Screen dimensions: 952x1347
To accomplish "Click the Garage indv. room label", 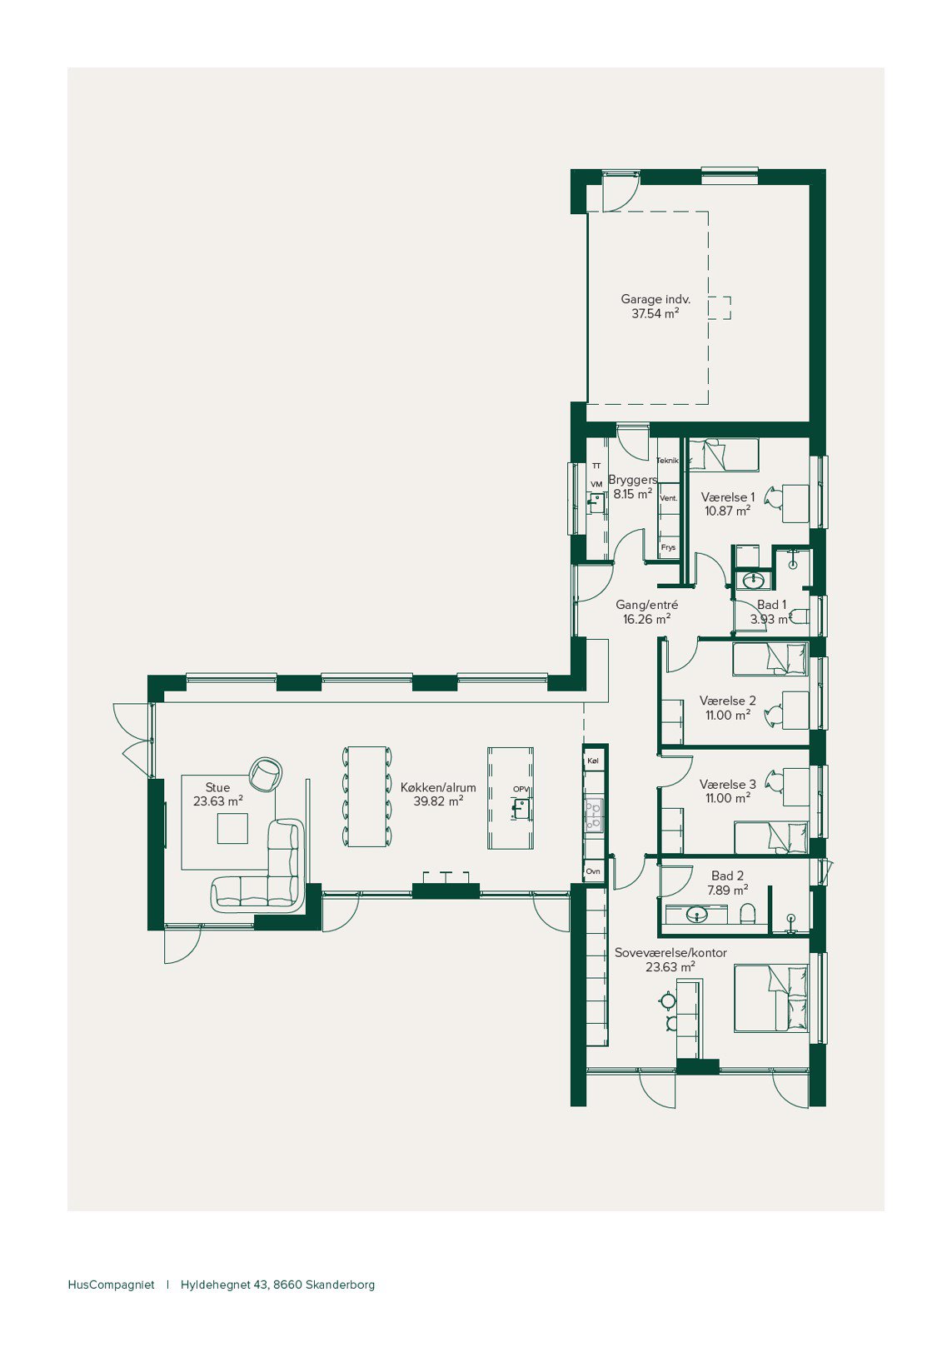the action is tap(655, 299).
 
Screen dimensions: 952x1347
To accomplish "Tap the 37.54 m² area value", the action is tap(655, 313).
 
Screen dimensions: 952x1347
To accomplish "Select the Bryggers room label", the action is tap(633, 480).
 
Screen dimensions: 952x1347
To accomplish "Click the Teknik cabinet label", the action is tap(667, 461).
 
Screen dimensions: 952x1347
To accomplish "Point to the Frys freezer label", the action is tap(668, 548).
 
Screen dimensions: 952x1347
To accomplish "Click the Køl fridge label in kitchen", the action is tap(593, 761).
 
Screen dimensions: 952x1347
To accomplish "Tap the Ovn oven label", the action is tap(593, 871).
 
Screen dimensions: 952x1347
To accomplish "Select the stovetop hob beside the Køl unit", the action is tap(594, 816).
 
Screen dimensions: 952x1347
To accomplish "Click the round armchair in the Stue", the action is tap(266, 774).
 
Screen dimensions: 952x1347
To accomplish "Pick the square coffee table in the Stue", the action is tap(232, 829).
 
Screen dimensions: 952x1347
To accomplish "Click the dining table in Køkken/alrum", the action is tap(367, 796).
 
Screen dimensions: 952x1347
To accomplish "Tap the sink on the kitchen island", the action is tap(521, 810).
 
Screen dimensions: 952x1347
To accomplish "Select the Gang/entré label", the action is tap(647, 605).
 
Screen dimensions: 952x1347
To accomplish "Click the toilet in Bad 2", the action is tap(748, 914).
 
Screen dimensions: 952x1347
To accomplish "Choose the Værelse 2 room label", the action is tap(728, 701).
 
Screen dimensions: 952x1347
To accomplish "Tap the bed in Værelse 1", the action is tap(724, 455).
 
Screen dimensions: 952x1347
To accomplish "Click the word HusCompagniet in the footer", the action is tap(112, 1285).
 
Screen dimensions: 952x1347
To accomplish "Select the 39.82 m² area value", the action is tap(438, 801).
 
